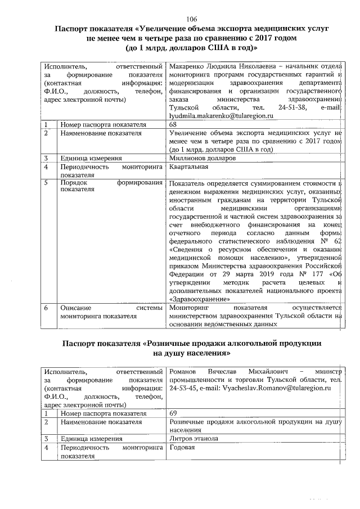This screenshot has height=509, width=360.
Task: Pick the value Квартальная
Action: (189, 167)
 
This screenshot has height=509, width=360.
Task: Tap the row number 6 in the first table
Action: (47, 308)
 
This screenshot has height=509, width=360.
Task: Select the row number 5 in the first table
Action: (47, 183)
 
